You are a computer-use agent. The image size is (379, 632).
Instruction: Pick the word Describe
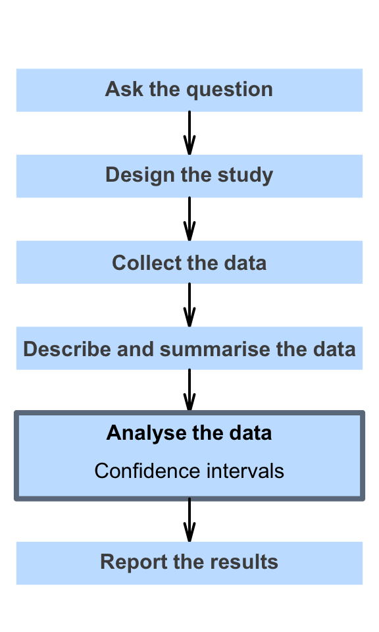click(67, 349)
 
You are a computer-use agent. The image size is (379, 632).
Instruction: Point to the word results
click(243, 562)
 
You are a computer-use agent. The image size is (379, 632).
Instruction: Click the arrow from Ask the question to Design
click(189, 133)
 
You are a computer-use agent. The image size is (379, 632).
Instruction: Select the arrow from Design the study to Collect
click(189, 219)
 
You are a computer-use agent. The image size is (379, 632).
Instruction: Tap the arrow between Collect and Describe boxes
click(189, 305)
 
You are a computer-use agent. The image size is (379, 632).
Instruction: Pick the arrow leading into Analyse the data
click(189, 390)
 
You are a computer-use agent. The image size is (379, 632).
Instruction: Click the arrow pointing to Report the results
click(189, 520)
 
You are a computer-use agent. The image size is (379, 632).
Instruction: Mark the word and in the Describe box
click(136, 349)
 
